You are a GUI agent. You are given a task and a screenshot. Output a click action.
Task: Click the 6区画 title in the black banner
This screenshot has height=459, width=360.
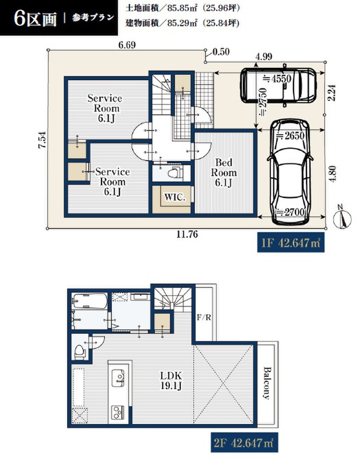[35, 19]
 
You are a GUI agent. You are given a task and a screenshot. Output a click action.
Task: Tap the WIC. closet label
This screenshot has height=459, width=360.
[175, 197]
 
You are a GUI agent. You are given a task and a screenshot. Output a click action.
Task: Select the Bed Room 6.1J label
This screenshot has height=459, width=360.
[224, 173]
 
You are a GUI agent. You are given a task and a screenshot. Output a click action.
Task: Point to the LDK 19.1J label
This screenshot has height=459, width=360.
[171, 380]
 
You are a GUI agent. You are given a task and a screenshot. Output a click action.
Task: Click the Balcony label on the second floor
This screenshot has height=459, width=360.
[266, 383]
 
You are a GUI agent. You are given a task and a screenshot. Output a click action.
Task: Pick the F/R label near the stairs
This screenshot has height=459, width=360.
[204, 317]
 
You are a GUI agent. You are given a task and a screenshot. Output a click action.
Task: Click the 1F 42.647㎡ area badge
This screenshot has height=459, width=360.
[291, 243]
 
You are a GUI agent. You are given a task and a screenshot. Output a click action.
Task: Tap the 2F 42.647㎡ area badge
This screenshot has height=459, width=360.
[244, 442]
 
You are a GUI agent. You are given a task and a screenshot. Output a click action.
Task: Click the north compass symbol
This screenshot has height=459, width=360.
[342, 218]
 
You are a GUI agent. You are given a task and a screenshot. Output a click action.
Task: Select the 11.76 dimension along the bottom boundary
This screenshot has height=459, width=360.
[187, 234]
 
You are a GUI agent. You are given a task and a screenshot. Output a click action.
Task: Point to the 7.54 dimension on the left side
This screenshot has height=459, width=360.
[42, 140]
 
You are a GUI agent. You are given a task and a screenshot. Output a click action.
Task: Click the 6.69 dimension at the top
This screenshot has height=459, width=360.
[127, 45]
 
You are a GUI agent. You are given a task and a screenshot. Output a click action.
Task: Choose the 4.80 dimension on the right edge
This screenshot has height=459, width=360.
[332, 174]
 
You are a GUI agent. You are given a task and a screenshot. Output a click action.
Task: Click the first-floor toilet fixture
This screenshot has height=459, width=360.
[175, 173]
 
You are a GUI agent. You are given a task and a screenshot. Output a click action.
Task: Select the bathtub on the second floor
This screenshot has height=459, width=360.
[90, 301]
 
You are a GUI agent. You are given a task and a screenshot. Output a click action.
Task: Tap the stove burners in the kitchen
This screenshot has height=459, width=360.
[118, 412]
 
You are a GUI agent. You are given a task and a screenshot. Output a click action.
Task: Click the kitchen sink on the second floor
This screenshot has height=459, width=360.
[118, 378]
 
